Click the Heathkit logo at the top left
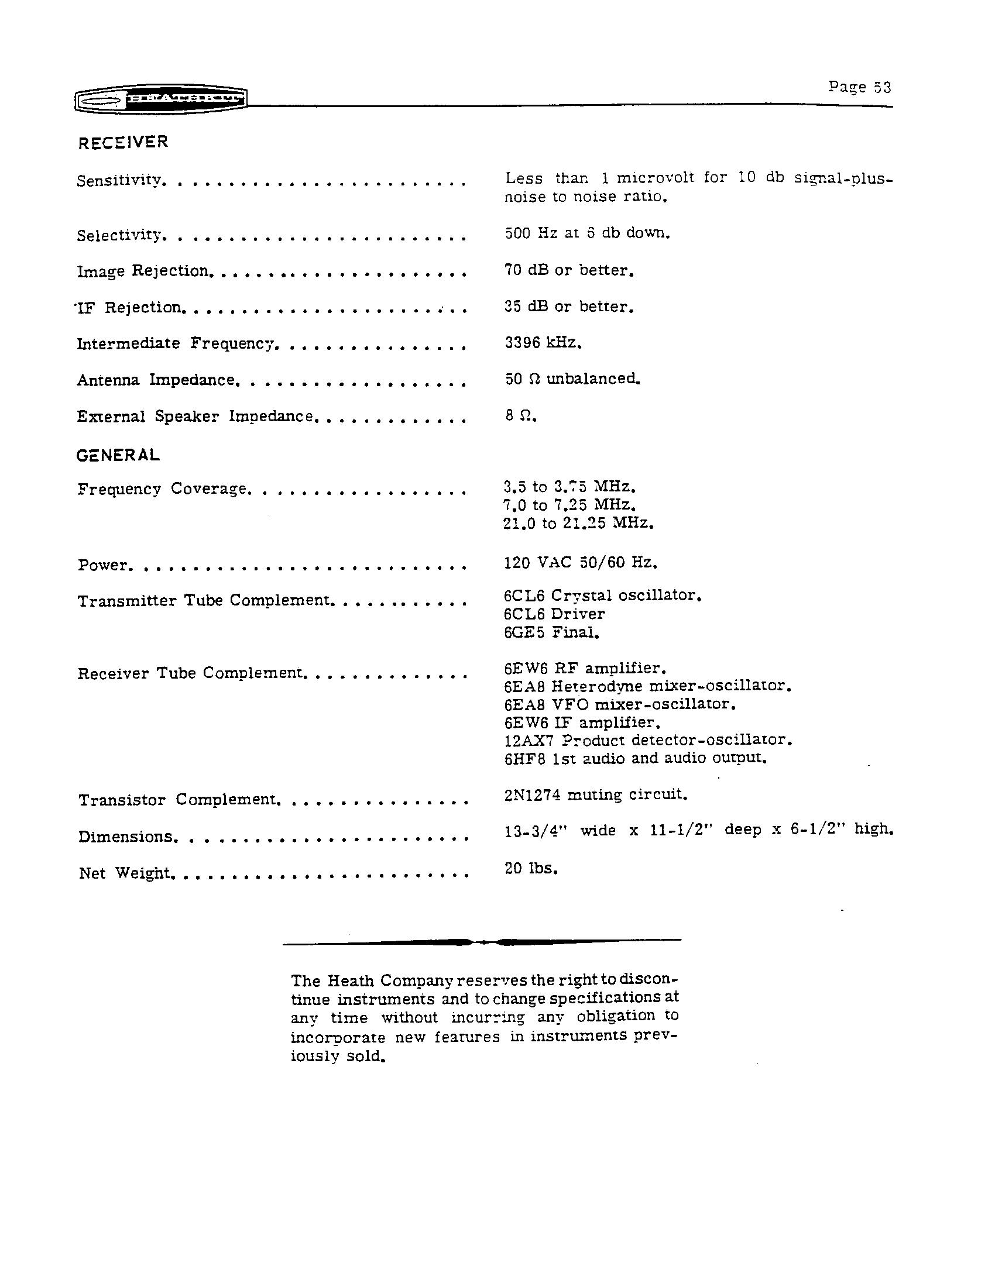pyautogui.click(x=160, y=100)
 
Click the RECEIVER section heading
pyautogui.click(x=123, y=142)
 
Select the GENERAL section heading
pyautogui.click(x=118, y=455)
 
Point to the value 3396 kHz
pyautogui.click(x=543, y=342)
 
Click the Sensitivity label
pyautogui.click(x=118, y=180)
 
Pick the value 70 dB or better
pyautogui.click(x=569, y=270)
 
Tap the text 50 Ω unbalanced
pyautogui.click(x=572, y=378)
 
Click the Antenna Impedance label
pyautogui.click(x=156, y=380)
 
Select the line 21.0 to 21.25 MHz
pyautogui.click(x=578, y=522)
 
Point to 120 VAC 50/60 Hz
pyautogui.click(x=580, y=562)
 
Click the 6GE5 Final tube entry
pyautogui.click(x=551, y=632)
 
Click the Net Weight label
pyautogui.click(x=125, y=873)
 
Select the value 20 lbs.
pyautogui.click(x=530, y=868)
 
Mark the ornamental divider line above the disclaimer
pyautogui.click(x=482, y=942)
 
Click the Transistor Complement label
pyautogui.click(x=177, y=800)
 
